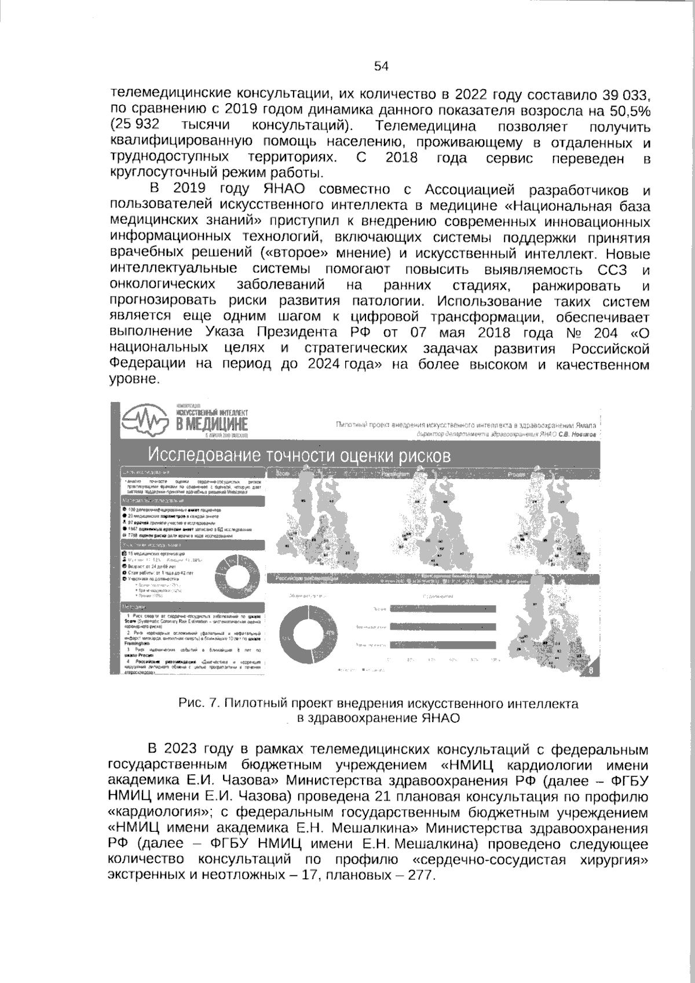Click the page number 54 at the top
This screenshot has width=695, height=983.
point(381,67)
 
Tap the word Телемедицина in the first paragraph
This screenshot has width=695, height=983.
point(426,126)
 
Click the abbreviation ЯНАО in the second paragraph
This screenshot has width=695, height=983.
point(283,189)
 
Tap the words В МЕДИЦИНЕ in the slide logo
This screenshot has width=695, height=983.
point(211,426)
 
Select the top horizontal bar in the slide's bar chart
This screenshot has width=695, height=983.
point(443,609)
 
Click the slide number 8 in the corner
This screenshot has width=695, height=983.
point(590,671)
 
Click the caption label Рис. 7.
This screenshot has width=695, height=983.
point(199,704)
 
